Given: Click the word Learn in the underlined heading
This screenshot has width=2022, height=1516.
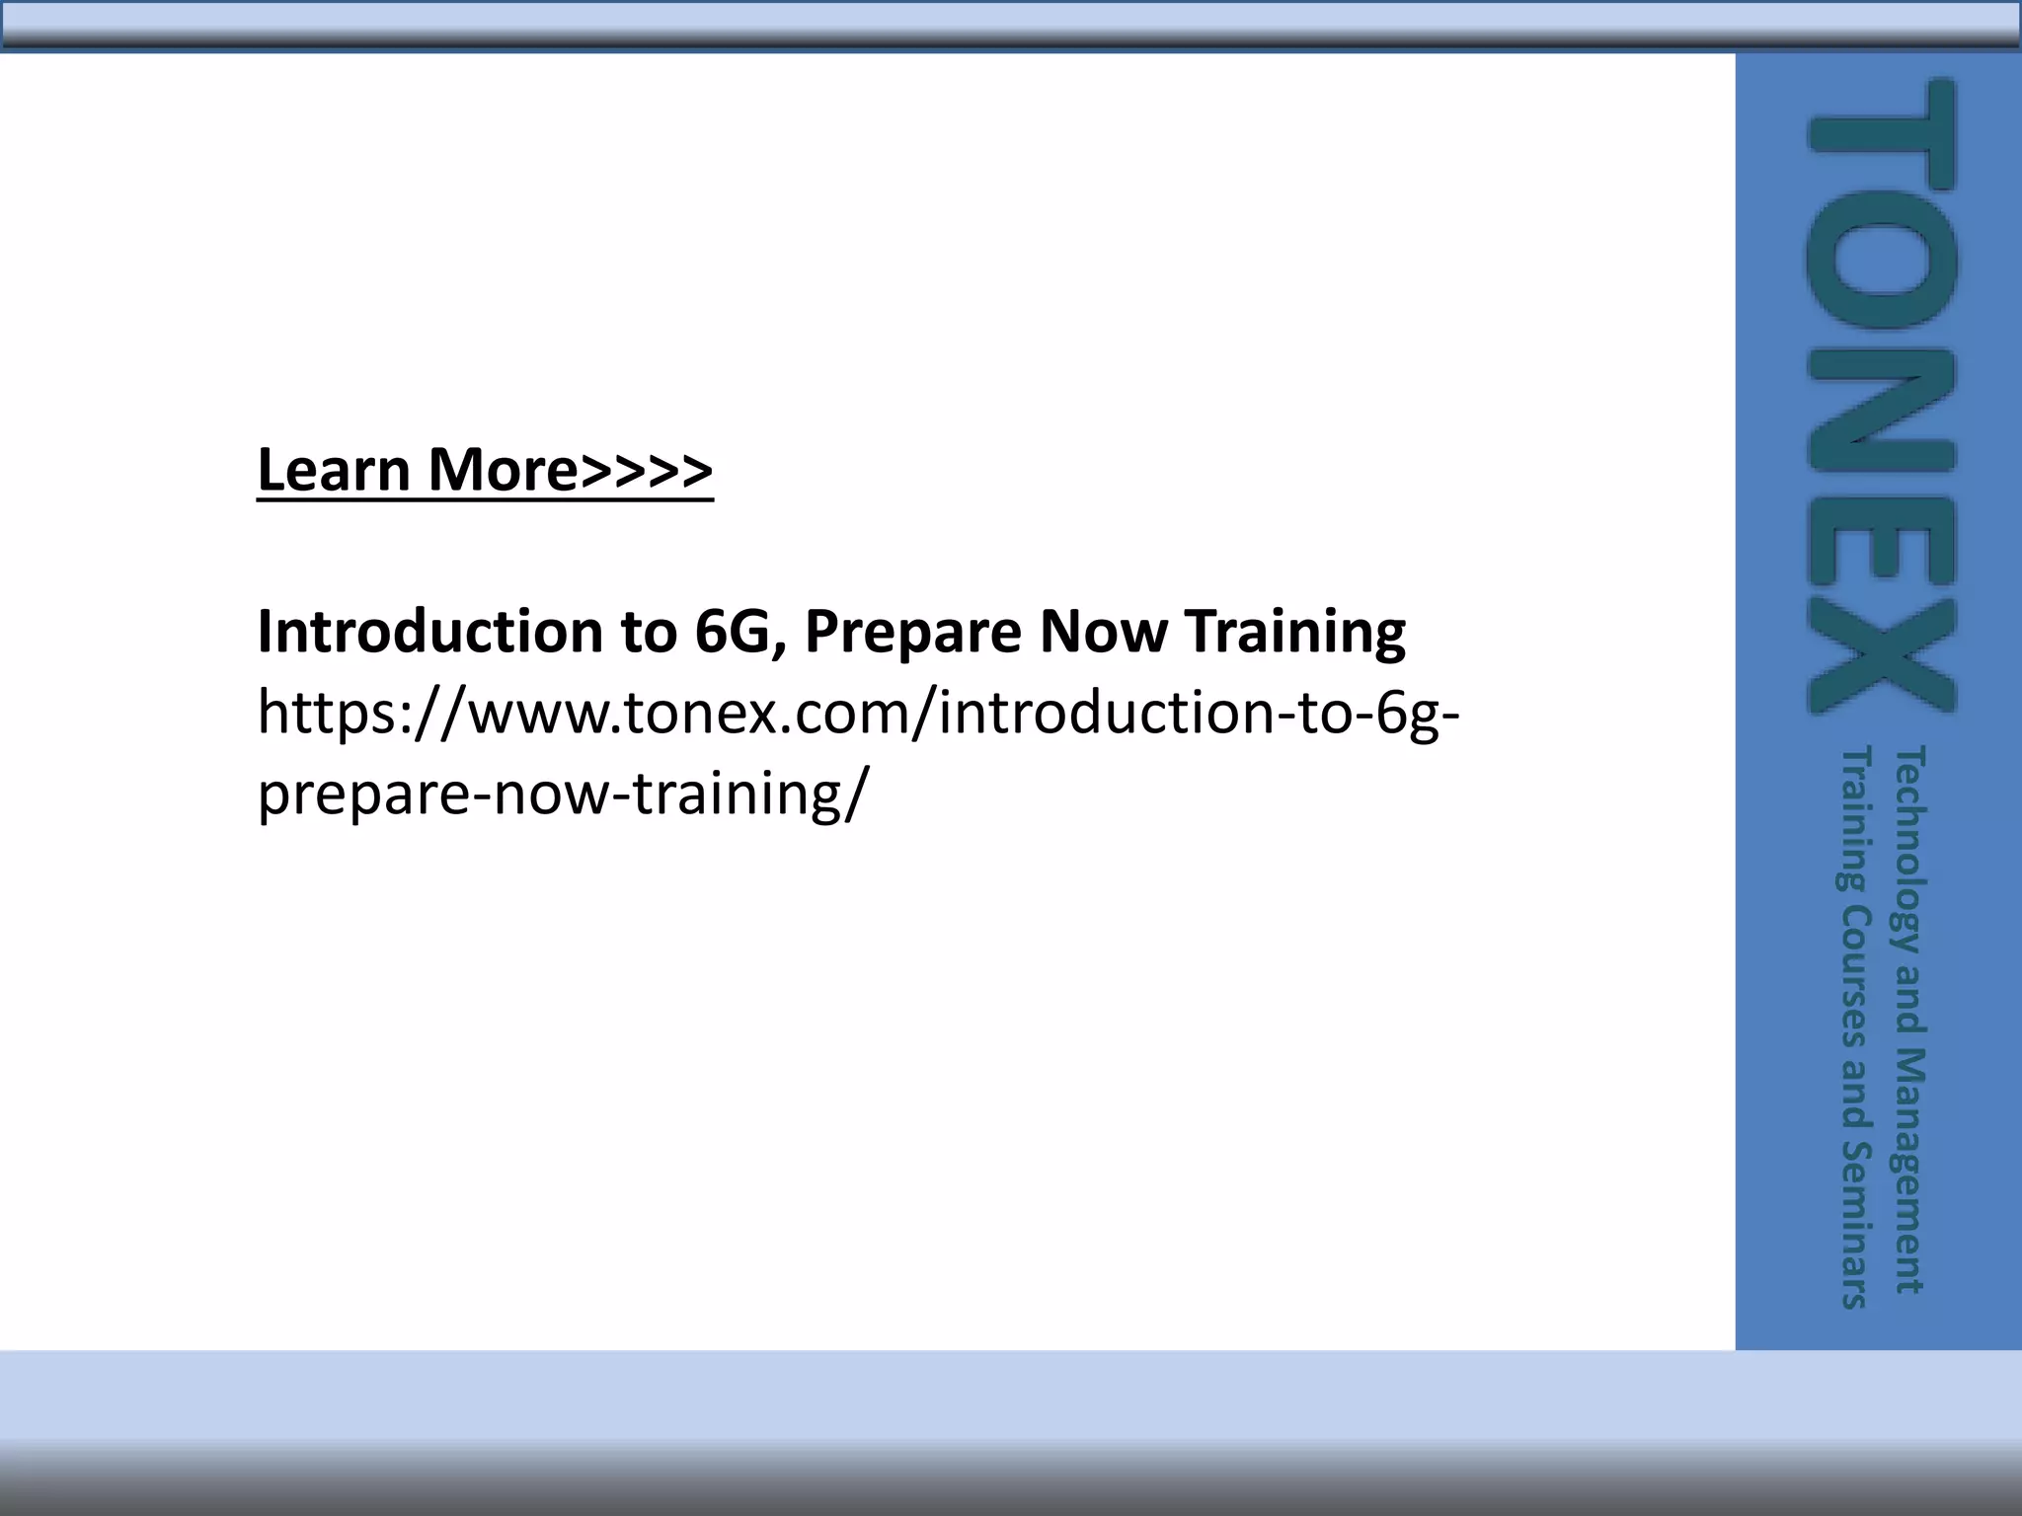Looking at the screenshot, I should click(333, 470).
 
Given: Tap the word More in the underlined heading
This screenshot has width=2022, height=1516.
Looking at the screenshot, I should click(503, 470).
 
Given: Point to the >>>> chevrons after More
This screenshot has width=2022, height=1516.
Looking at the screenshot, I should click(646, 472).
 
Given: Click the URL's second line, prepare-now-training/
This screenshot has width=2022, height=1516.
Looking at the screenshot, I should click(564, 794).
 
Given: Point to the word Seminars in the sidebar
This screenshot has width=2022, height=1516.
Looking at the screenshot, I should click(1857, 1224).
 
